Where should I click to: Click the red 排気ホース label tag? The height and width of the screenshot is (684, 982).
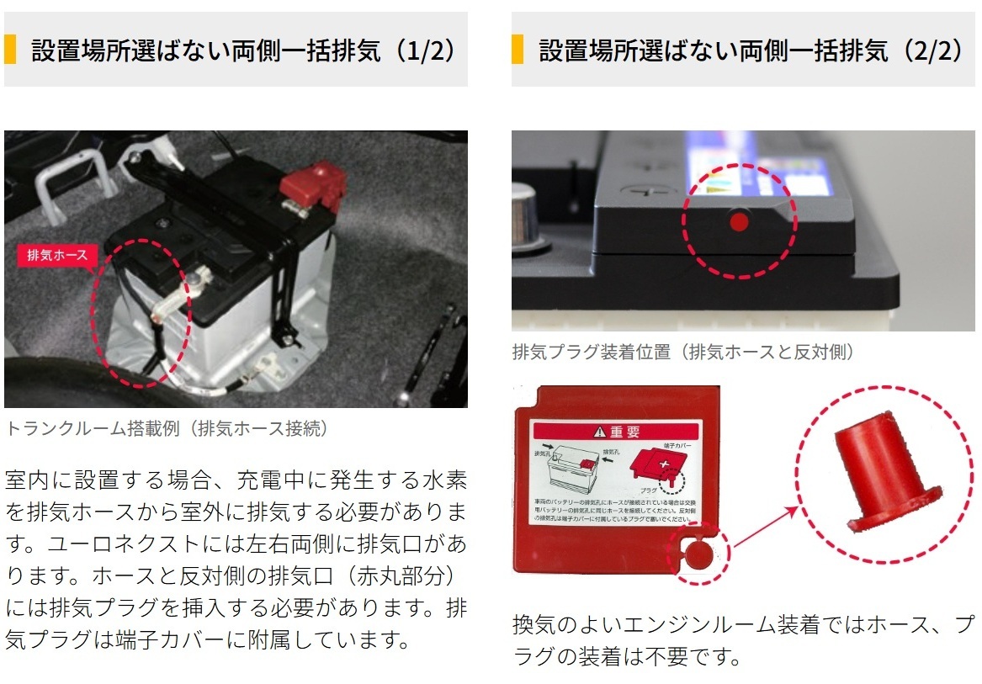click(57, 256)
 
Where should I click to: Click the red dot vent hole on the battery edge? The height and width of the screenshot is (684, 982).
click(739, 222)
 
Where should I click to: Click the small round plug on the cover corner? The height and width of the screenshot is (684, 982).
click(698, 553)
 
